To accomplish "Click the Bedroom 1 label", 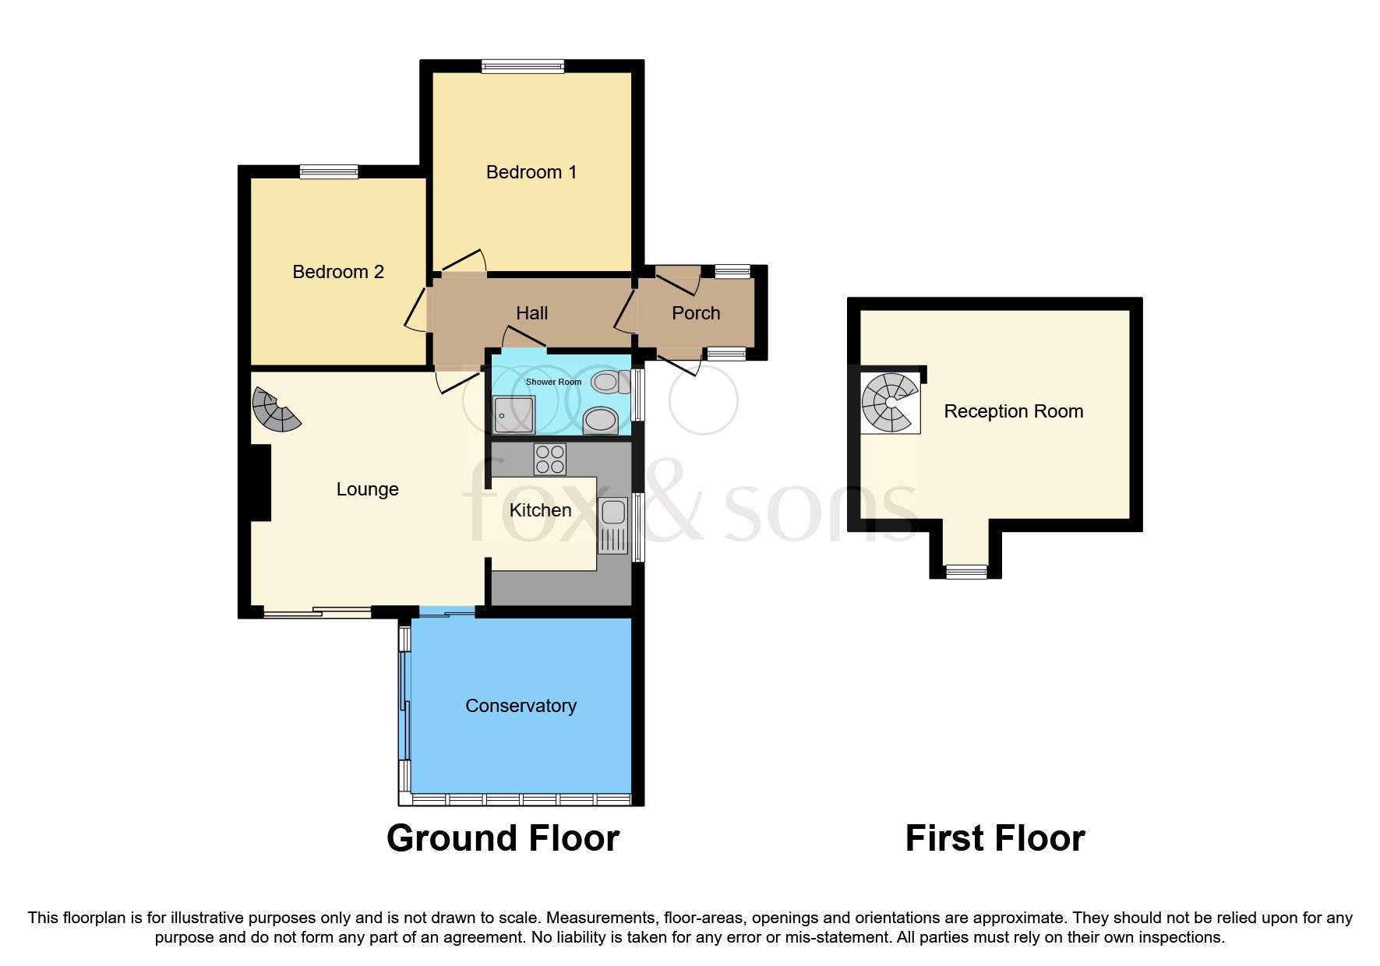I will (x=531, y=172).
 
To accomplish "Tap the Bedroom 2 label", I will (x=338, y=272).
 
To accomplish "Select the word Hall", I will (x=531, y=313).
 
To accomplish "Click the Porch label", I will (x=696, y=313).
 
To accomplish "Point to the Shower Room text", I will (x=553, y=382).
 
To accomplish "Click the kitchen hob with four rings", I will (x=550, y=459).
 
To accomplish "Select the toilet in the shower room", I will (x=610, y=383).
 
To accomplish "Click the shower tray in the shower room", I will (x=514, y=414).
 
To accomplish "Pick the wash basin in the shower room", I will (x=601, y=421).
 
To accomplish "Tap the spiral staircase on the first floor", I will (x=890, y=403).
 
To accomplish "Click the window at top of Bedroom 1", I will (x=523, y=67).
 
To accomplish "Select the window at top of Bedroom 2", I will (x=329, y=172).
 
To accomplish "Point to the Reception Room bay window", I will (x=966, y=572).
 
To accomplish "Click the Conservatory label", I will (x=521, y=706).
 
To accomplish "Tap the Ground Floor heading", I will (x=503, y=839).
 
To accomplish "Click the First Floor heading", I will (x=994, y=839).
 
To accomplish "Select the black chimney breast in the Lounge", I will (x=260, y=482).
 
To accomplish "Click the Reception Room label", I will (x=1013, y=411).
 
